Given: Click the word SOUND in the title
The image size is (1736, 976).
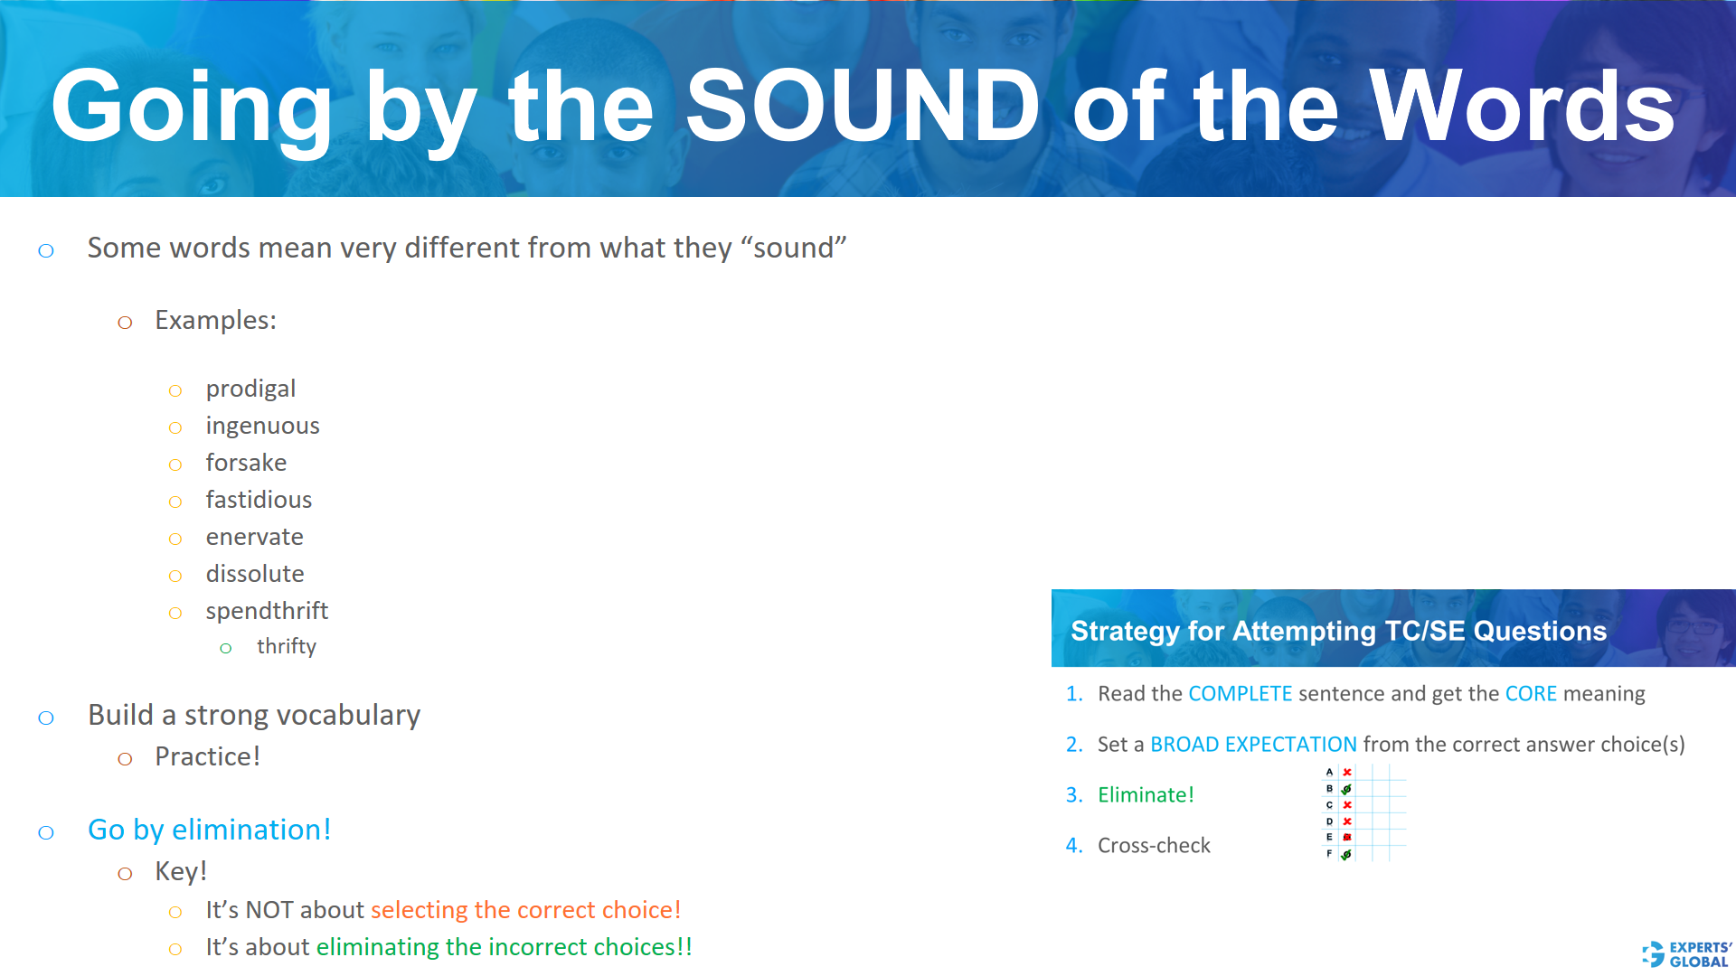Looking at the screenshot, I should coord(863,107).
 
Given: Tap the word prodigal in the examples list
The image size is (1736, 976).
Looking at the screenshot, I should coord(250,389).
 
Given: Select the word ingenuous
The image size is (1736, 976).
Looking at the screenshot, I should coord(262,426).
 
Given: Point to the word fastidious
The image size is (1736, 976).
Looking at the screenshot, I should coord(259,500).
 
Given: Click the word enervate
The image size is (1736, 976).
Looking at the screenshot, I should coord(254,537).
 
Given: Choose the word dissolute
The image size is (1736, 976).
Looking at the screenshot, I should coord(254,574).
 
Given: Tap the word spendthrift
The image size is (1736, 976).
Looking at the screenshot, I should coord(267,611).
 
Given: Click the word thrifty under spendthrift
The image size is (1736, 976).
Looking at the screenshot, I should coord(286,646).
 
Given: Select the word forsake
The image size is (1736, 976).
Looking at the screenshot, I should coord(246,463).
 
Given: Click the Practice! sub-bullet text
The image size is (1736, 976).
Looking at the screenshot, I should coord(207,756).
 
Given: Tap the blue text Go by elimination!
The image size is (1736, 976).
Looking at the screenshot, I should coord(209,830).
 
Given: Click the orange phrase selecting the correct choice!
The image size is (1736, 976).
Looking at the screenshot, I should coord(525,910).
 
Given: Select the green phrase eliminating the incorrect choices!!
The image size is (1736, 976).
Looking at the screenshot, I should coord(504,947).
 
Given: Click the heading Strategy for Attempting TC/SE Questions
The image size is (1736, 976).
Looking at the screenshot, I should coord(1338,631).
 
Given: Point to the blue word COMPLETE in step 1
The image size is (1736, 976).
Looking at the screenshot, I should coord(1240,694).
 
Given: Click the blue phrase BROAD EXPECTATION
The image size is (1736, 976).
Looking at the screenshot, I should coord(1253,745).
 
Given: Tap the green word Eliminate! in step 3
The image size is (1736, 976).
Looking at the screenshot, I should coord(1146,795).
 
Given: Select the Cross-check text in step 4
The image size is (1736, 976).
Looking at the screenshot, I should coord(1154,846).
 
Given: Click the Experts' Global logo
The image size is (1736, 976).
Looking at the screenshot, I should coord(1686,954).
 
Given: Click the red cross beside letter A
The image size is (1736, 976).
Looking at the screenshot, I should coord(1347,773).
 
